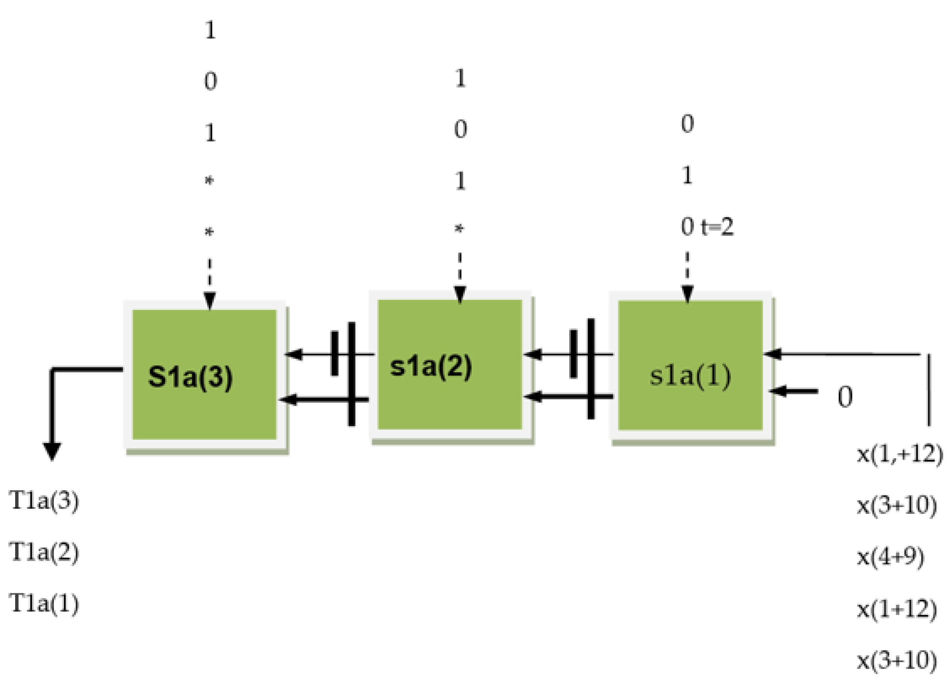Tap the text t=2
pyautogui.click(x=717, y=227)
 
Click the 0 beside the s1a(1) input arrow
pyautogui.click(x=845, y=397)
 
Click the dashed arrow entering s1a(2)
pyautogui.click(x=460, y=277)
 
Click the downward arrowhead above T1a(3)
pyautogui.click(x=52, y=452)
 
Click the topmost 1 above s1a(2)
pyautogui.click(x=460, y=79)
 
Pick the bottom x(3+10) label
pyautogui.click(x=897, y=660)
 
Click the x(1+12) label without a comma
pyautogui.click(x=897, y=609)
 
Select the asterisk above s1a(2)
pyautogui.click(x=460, y=229)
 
